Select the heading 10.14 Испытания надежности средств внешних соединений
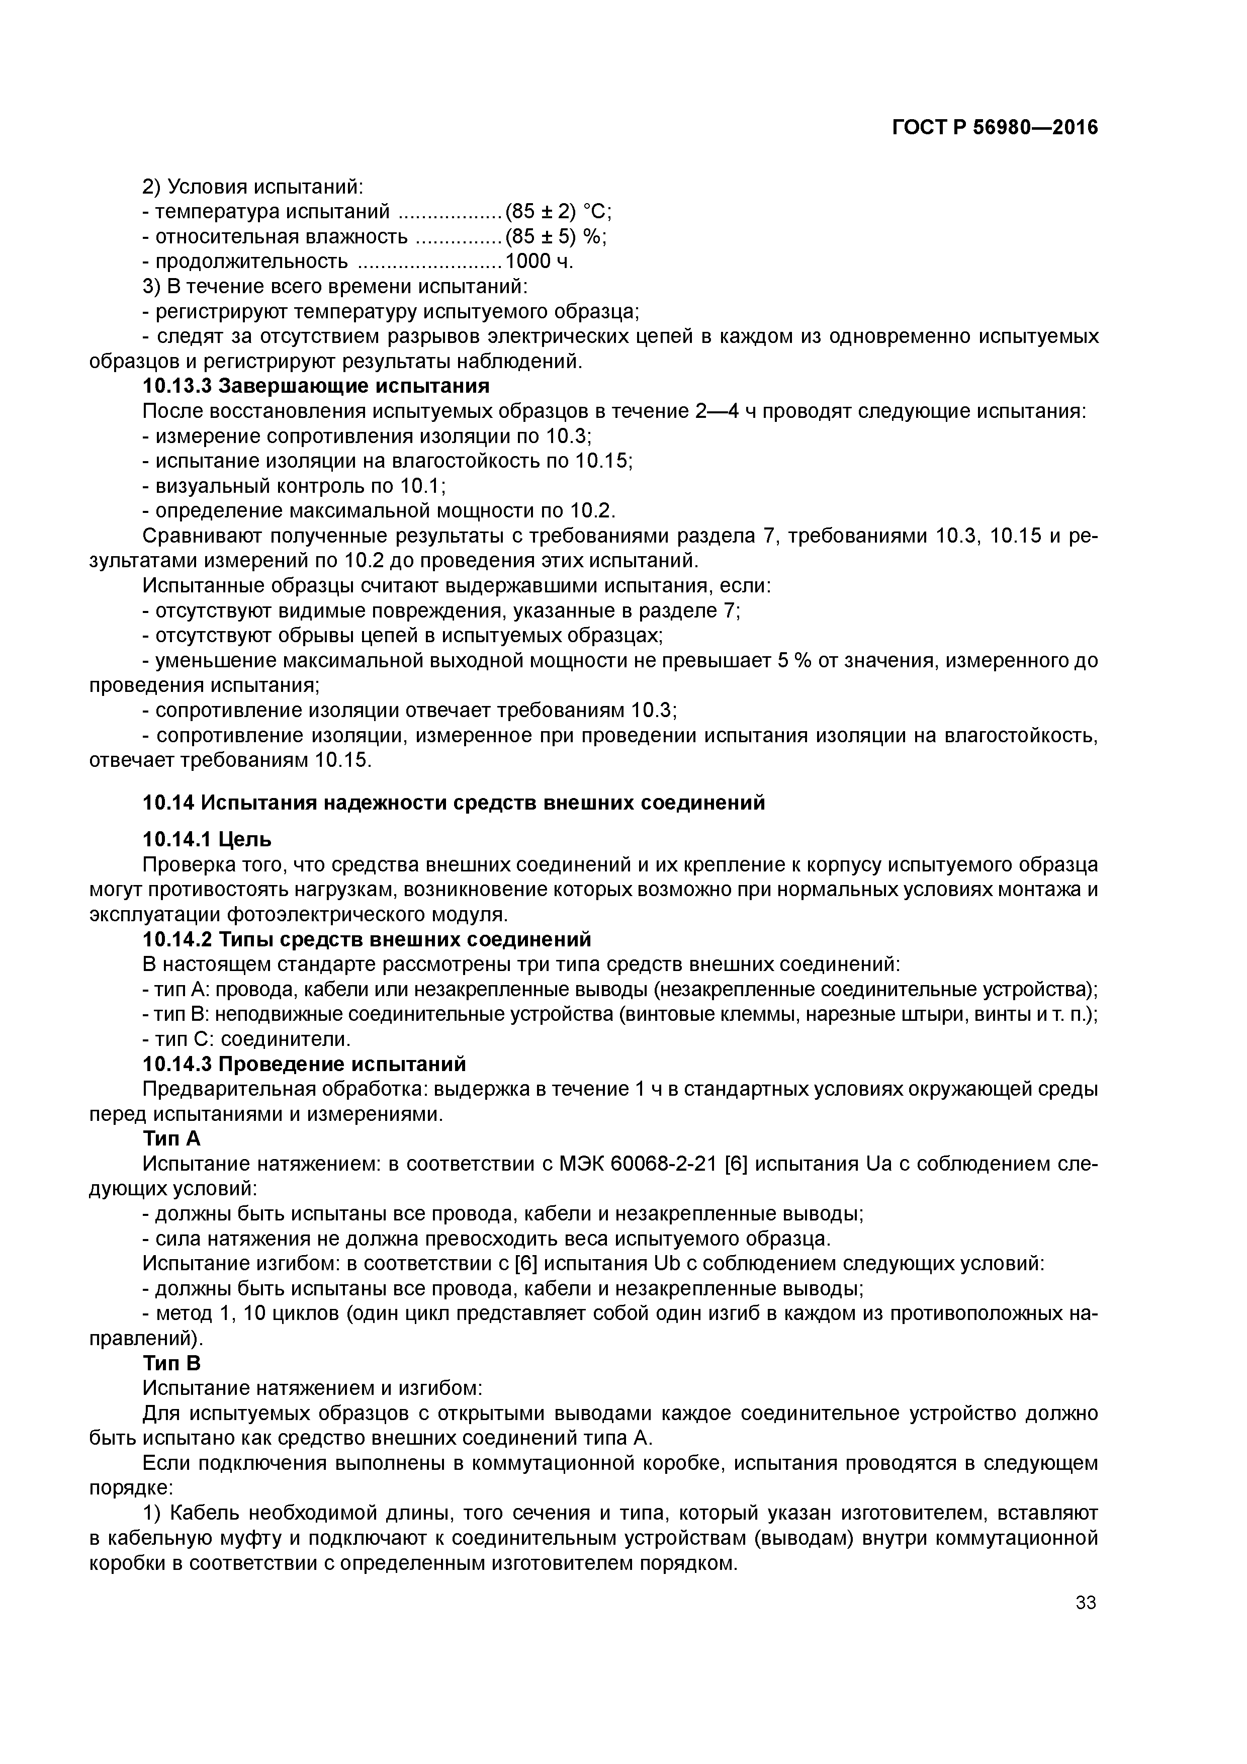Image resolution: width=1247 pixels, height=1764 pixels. pos(454,803)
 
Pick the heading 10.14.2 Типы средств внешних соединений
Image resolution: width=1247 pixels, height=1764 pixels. pos(367,940)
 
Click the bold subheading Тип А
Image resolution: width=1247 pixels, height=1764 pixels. pos(171,1139)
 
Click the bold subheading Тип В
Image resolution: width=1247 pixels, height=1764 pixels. pos(171,1363)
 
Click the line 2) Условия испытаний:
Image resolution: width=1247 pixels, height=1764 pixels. pos(253,187)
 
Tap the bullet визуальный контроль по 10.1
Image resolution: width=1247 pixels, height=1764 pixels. pos(294,486)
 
